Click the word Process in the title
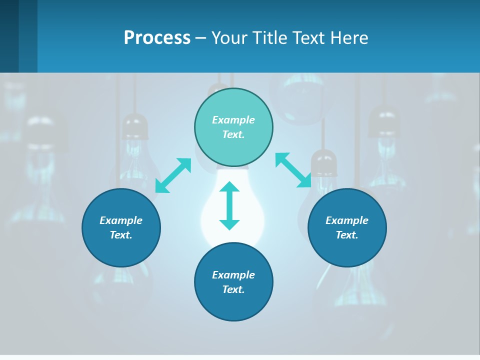[x=157, y=37]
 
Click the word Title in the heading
[x=270, y=37]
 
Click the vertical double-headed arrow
[x=229, y=206]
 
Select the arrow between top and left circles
[x=173, y=175]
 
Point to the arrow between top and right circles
[x=293, y=170]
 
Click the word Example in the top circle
[x=233, y=120]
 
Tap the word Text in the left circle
[x=121, y=235]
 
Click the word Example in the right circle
[x=347, y=220]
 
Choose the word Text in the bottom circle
[x=233, y=289]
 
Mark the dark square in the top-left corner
[x=9, y=36]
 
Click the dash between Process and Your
[x=200, y=38]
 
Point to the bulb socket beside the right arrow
[x=323, y=162]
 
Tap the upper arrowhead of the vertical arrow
[x=229, y=187]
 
